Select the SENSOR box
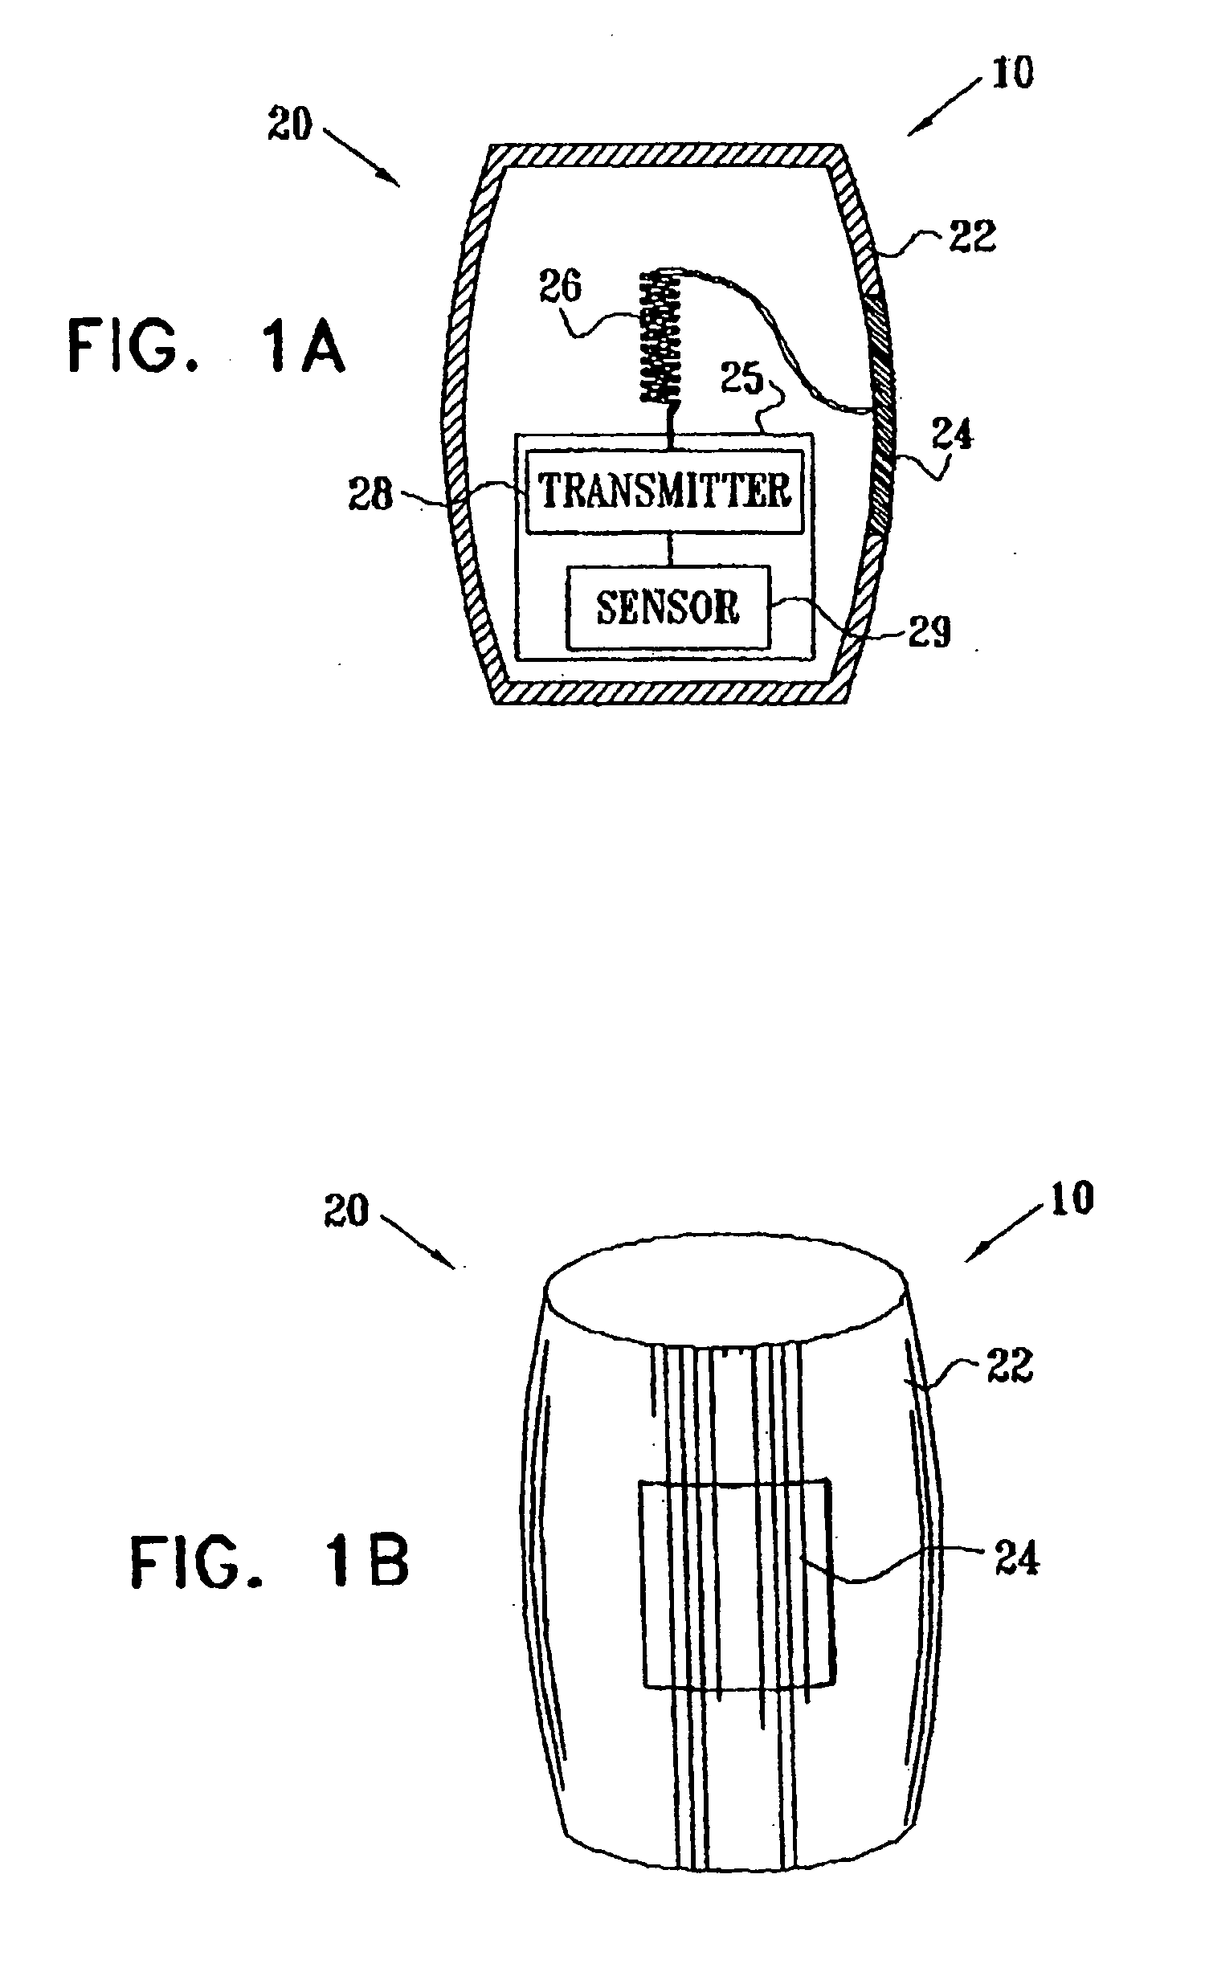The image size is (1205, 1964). coord(668,607)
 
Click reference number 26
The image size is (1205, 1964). coord(559,287)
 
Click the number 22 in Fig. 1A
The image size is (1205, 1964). coord(972,236)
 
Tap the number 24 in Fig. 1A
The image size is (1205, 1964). coord(953,435)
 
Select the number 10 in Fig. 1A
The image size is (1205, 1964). coord(1012,74)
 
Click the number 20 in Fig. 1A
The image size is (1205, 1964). coord(289,125)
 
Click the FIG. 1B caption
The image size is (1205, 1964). coord(270,1561)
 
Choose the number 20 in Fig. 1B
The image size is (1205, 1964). coord(347,1211)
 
